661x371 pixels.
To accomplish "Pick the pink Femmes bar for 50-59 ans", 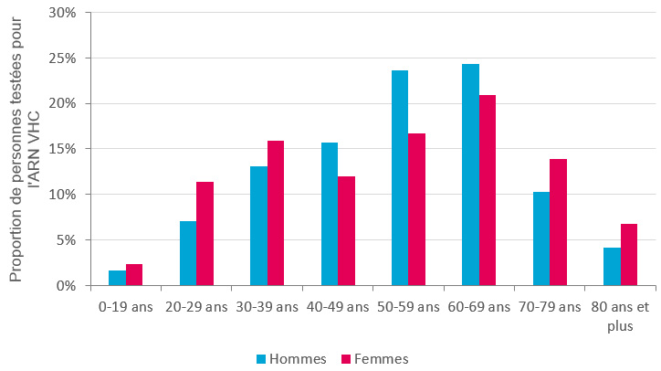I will click(417, 209).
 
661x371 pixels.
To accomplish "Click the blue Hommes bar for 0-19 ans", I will click(117, 278).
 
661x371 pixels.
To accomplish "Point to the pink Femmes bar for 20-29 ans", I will click(205, 234).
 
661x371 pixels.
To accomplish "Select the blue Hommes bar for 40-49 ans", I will click(329, 214).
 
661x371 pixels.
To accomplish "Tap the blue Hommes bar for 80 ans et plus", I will click(612, 267).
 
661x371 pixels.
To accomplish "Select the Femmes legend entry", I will click(374, 359).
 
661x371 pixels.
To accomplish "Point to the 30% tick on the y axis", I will click(62, 13).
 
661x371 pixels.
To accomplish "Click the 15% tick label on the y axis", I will click(62, 149).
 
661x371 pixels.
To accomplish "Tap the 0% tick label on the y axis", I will click(66, 285).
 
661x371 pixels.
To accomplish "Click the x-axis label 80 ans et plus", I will click(621, 315).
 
